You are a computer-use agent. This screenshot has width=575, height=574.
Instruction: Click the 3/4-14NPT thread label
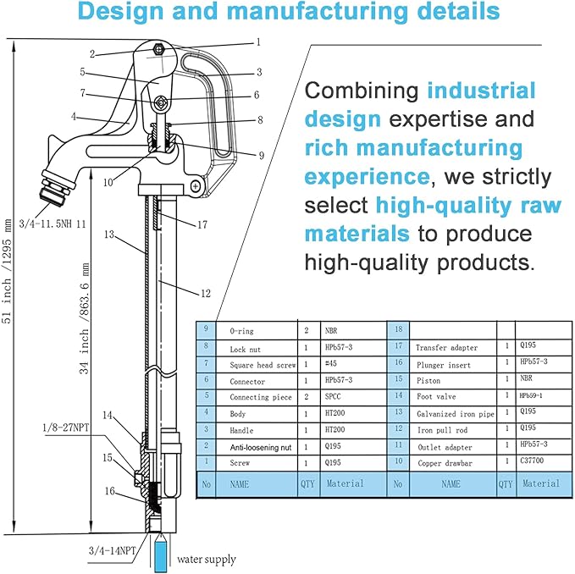113,550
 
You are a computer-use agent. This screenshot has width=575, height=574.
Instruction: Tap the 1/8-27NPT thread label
66,428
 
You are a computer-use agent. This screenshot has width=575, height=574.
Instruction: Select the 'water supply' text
207,560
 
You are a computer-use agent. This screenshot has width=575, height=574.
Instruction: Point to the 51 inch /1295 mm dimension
8,272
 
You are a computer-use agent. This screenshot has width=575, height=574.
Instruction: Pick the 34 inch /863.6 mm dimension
85,319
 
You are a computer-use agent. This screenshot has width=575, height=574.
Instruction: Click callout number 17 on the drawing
202,224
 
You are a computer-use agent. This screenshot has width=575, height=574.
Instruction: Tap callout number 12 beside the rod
206,293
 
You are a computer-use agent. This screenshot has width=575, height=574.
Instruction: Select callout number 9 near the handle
262,156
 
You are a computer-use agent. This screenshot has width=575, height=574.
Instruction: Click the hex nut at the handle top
158,49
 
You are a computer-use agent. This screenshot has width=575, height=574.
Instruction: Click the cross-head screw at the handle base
196,186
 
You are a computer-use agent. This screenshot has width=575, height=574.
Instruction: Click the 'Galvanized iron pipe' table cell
456,414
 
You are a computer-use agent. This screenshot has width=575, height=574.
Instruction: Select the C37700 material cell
532,461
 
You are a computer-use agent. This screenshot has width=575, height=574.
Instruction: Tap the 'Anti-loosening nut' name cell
261,447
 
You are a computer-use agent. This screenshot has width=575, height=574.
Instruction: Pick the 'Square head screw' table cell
263,365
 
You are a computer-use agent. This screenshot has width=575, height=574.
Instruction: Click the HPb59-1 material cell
531,395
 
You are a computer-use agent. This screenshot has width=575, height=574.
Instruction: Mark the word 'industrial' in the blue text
482,91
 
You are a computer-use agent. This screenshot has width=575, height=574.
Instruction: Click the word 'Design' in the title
120,11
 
